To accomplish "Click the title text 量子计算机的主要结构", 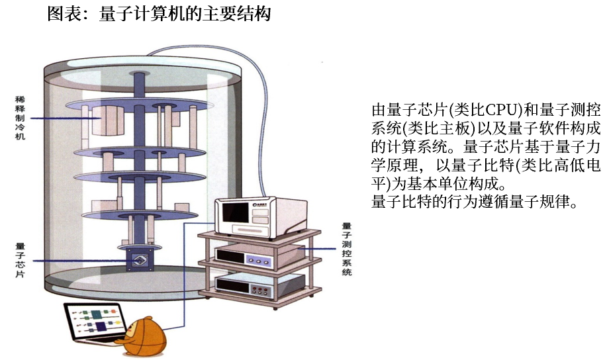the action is (x=185, y=14).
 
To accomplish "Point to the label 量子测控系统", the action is (x=346, y=249).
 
